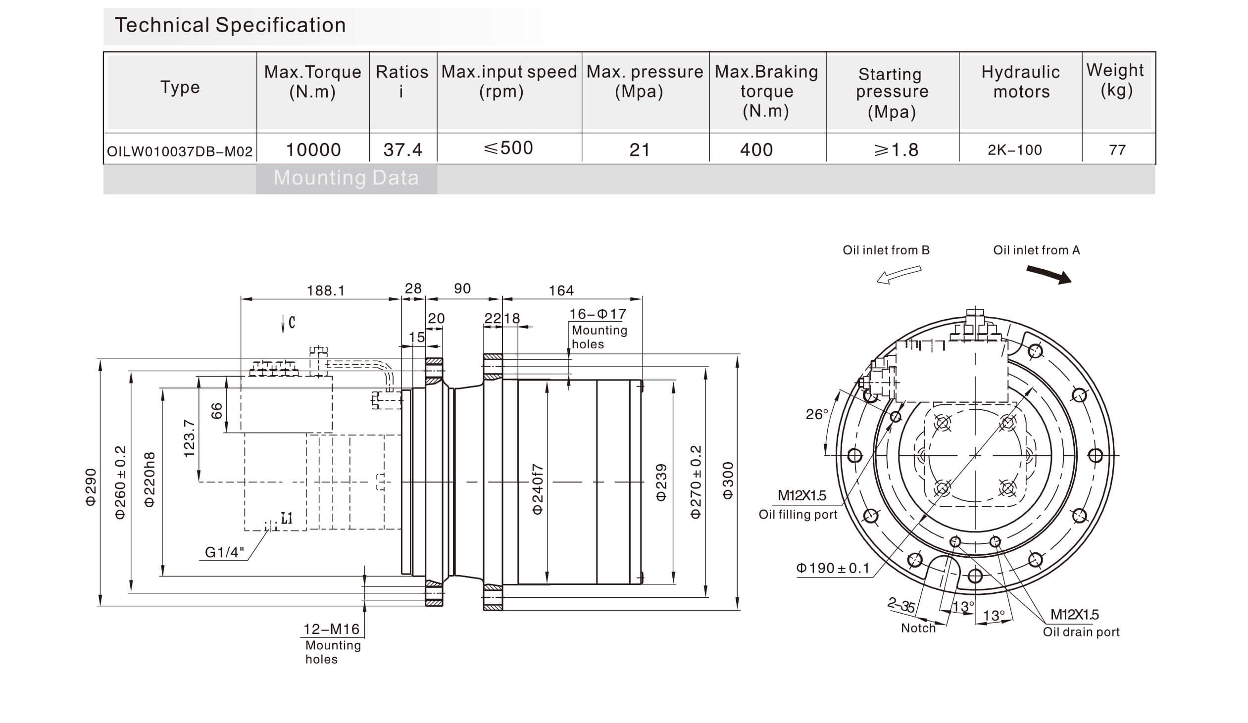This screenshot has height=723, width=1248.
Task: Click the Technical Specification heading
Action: click(230, 25)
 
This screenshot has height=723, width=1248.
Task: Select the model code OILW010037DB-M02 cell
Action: click(180, 151)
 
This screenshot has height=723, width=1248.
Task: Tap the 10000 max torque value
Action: click(313, 149)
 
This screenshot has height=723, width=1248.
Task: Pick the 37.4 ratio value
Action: click(402, 149)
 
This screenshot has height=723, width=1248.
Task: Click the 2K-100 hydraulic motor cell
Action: click(1014, 150)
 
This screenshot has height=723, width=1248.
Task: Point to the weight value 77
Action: click(1117, 150)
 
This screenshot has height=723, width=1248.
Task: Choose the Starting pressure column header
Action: click(892, 93)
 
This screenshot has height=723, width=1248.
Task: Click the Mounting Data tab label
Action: click(346, 178)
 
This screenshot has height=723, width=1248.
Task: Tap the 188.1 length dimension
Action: click(325, 290)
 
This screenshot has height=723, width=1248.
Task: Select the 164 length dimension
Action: click(560, 290)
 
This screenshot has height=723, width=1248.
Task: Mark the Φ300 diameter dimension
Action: click(727, 481)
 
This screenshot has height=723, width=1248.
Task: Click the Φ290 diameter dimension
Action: click(91, 487)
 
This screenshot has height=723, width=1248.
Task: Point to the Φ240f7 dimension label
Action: click(538, 489)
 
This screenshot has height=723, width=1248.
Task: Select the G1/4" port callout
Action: click(224, 552)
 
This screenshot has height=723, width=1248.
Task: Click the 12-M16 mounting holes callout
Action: click(331, 629)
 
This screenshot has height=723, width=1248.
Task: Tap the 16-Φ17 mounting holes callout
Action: click(598, 314)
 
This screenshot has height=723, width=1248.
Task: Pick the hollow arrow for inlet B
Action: click(899, 275)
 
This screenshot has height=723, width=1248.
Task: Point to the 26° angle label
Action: click(817, 414)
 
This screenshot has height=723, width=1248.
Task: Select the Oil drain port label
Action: click(1081, 632)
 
